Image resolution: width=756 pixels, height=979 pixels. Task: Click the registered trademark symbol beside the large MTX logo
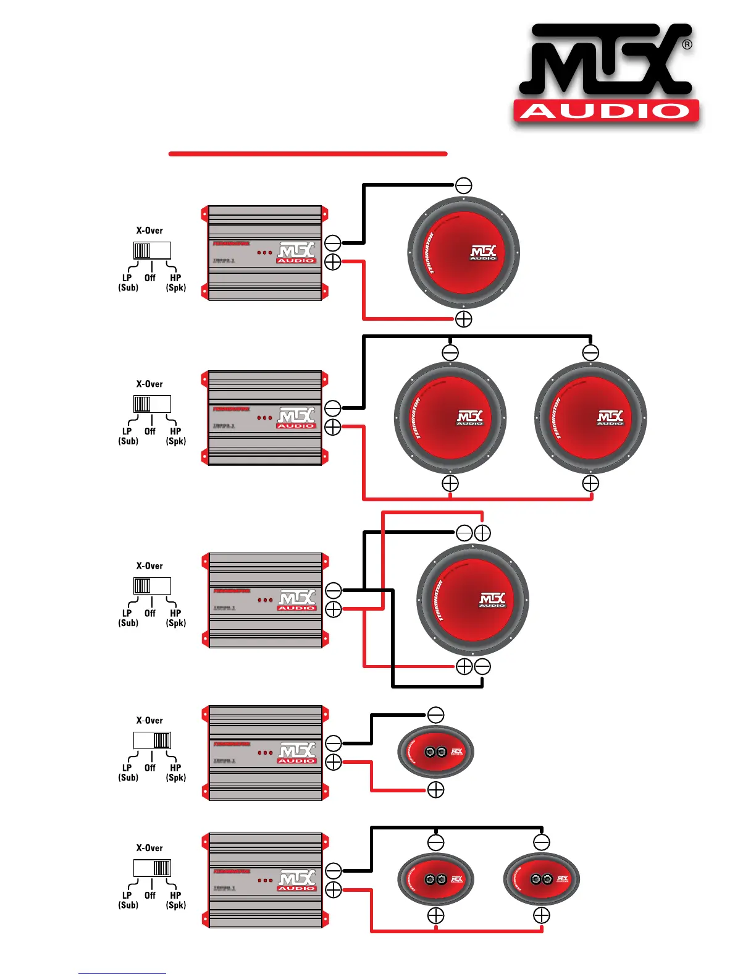687,44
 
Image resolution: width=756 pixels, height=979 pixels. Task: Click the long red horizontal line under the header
308,153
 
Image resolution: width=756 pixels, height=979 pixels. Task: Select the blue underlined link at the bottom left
122,973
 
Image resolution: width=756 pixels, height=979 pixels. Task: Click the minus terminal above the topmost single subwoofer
464,185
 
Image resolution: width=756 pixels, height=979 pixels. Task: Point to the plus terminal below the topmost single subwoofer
464,319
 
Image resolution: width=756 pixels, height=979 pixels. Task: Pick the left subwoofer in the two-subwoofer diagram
450,418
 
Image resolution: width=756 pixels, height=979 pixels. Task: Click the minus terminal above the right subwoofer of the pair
591,353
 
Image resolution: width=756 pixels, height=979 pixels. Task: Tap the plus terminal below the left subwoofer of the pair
450,483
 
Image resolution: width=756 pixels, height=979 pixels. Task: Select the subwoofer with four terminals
473,600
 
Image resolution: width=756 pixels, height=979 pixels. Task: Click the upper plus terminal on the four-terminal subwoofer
482,533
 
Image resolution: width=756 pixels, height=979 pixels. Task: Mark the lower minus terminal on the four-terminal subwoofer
482,667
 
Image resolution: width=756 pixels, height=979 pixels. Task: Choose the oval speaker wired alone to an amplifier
435,752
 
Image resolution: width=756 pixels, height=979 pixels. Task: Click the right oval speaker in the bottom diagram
542,879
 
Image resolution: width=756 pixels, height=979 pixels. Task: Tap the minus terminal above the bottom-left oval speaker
435,842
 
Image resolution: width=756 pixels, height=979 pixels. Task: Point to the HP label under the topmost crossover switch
175,278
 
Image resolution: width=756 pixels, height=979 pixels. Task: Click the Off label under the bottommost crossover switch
150,895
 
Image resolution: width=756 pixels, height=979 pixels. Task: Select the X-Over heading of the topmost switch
149,231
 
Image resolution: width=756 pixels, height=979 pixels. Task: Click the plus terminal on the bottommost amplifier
334,890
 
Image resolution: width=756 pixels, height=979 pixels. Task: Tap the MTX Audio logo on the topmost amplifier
296,253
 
